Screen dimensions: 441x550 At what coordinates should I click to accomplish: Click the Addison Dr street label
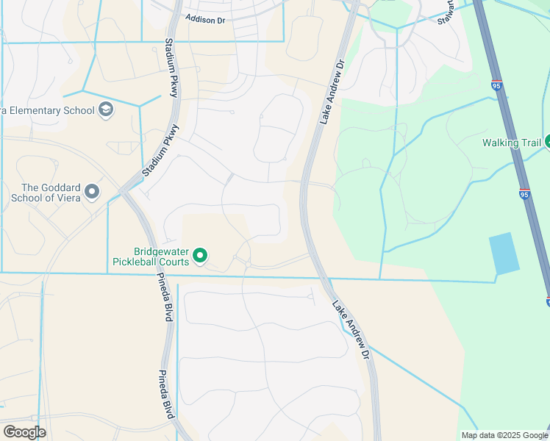[x=205, y=20]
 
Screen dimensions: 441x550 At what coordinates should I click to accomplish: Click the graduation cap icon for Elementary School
[x=106, y=110]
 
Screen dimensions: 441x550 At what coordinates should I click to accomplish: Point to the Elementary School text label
[x=47, y=110]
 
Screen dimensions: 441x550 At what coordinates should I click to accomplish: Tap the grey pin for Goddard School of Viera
[x=92, y=192]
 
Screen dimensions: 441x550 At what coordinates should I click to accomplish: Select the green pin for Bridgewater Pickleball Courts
[x=200, y=257]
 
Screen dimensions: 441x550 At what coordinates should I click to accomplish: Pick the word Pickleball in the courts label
[x=140, y=261]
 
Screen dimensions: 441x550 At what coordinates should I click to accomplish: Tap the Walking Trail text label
[x=511, y=143]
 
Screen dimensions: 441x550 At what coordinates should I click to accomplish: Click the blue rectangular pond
[x=503, y=254]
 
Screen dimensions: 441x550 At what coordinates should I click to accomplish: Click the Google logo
[x=24, y=432]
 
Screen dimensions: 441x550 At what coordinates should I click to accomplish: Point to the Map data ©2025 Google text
[x=504, y=435]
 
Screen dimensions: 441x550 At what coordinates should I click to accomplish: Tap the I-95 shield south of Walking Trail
[x=524, y=194]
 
